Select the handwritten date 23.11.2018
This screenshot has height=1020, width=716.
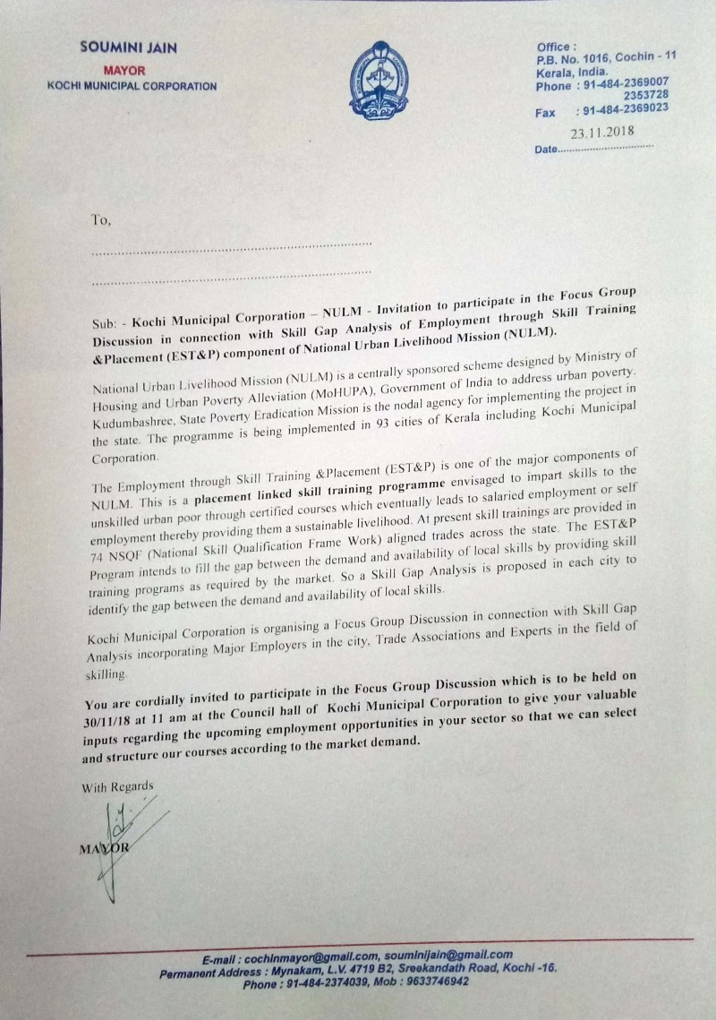click(602, 132)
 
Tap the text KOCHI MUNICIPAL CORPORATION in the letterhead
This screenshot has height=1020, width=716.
click(132, 86)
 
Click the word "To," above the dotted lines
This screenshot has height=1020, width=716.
click(100, 219)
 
